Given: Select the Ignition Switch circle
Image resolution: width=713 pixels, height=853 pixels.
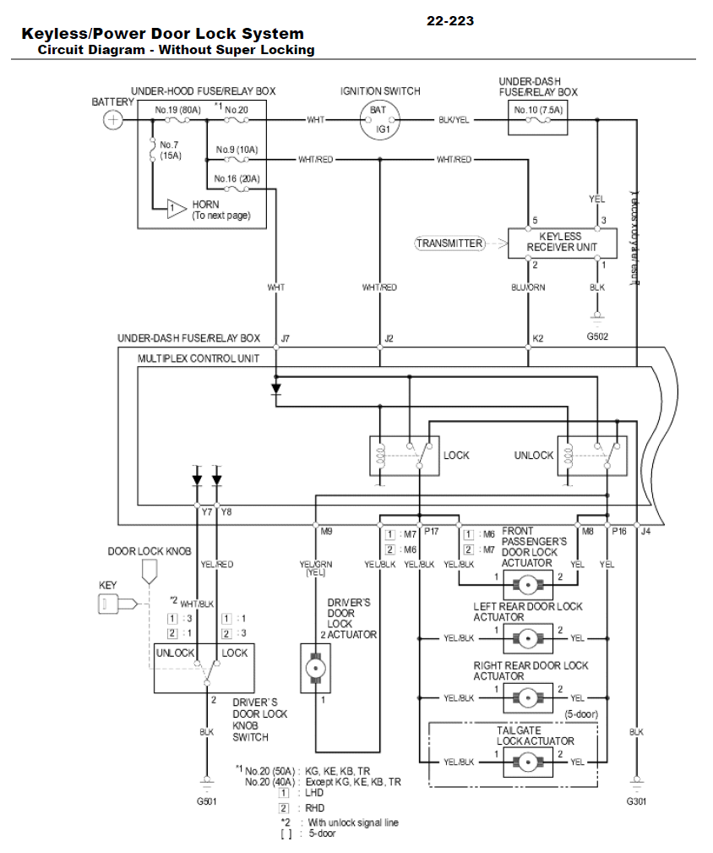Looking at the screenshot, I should [378, 119].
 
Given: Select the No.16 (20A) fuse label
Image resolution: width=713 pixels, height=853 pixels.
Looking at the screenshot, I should [237, 178].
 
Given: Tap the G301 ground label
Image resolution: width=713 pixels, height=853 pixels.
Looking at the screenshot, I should [636, 800].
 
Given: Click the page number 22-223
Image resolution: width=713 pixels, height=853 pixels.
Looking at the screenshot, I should [450, 21].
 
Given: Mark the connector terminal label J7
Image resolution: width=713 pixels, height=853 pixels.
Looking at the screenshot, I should [285, 339].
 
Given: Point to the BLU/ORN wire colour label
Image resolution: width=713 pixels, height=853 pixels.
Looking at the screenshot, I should [528, 287].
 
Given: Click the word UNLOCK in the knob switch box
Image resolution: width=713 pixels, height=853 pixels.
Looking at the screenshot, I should [176, 653].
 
